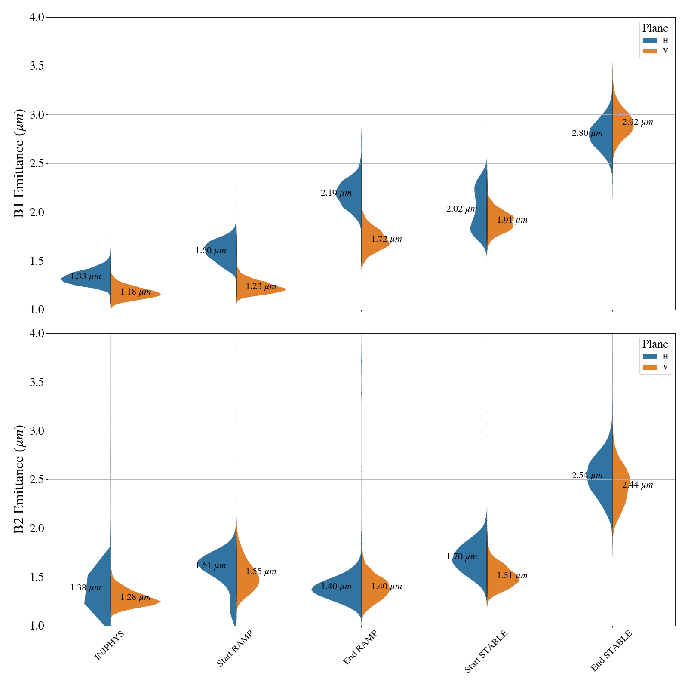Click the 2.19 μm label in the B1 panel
pos(336,193)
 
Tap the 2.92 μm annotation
pos(637,122)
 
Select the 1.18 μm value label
pos(135,292)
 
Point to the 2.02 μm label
pos(462,209)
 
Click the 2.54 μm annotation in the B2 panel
pos(587,476)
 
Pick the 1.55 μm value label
pos(261,571)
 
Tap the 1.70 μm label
pos(462,557)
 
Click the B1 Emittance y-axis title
pos(19,163)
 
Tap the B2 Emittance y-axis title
pos(19,479)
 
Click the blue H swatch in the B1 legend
pos(650,40)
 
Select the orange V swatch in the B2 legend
pos(650,367)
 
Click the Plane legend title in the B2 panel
pos(655,344)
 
